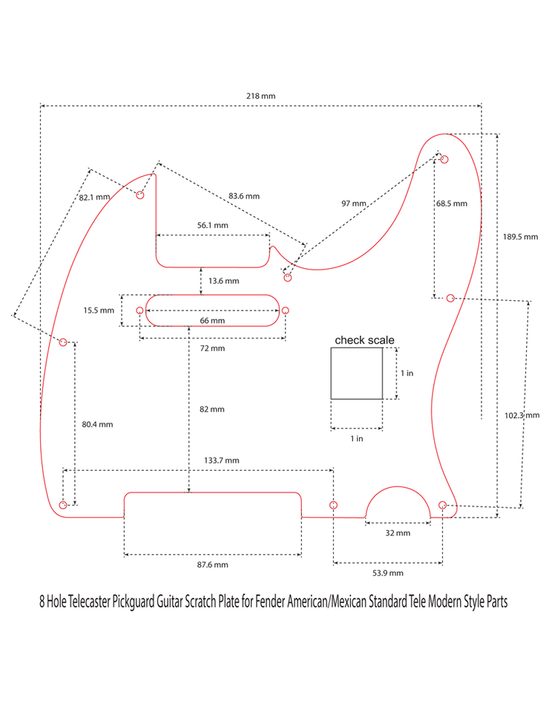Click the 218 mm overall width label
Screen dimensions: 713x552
(260, 97)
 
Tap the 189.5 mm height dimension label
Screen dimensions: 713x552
(520, 237)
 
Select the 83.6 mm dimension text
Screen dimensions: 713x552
(244, 196)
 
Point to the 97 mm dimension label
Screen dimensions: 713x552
(354, 204)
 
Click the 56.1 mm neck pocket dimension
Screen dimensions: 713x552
(212, 225)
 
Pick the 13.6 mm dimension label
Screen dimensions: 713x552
(223, 281)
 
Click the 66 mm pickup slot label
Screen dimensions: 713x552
(212, 321)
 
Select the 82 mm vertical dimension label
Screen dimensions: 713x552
(212, 409)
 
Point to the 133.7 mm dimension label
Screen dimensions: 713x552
(222, 460)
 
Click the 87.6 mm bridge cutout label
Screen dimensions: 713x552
(212, 565)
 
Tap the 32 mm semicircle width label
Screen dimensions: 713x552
(398, 533)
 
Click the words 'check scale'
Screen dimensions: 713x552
(364, 340)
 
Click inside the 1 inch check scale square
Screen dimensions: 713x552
(356, 374)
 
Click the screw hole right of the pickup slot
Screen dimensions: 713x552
(285, 310)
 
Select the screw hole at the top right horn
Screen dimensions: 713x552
(444, 159)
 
